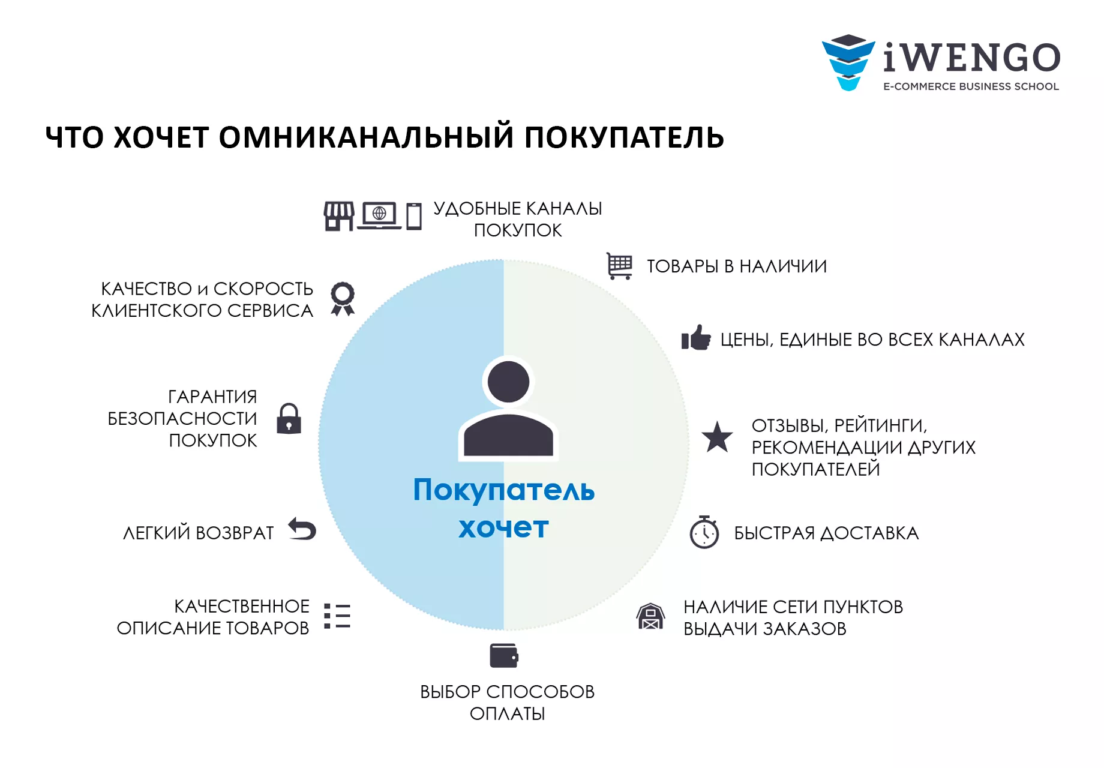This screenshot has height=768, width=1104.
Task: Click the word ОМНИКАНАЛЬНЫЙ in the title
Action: (x=367, y=137)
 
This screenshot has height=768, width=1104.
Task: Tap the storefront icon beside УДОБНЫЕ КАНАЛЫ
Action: (x=339, y=216)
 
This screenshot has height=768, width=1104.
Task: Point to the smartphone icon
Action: (x=414, y=217)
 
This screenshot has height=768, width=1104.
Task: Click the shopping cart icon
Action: (x=620, y=266)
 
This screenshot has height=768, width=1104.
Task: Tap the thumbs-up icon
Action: (x=696, y=338)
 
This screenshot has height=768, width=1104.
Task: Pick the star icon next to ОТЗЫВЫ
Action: (x=717, y=437)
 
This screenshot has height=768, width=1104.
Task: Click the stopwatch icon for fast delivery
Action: (x=704, y=532)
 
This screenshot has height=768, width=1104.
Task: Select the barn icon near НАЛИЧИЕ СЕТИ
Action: (x=650, y=616)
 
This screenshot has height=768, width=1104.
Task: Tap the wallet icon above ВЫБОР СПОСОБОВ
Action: (x=504, y=656)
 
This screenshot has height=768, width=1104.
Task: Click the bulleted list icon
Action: (x=337, y=616)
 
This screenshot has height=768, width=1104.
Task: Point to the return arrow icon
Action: (x=302, y=529)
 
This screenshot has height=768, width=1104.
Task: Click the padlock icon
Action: (x=289, y=418)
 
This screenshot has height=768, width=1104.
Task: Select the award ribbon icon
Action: (x=343, y=299)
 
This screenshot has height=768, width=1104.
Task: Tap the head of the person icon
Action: (x=508, y=382)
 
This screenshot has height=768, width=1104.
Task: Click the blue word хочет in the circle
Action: (x=504, y=528)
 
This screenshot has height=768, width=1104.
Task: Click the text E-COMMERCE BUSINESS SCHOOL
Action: (x=971, y=86)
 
